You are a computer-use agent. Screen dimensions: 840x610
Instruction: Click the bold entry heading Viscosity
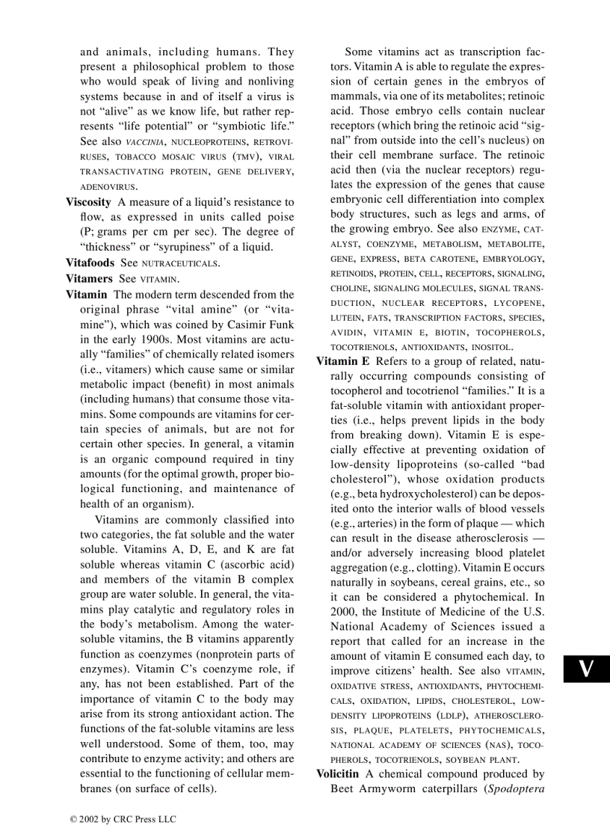88,202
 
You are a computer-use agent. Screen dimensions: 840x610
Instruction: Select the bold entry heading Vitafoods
90,263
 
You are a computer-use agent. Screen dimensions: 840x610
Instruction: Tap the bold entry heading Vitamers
90,278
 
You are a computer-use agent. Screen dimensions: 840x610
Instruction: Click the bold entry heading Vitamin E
343,361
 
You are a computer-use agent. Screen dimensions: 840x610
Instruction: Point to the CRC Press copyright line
123,819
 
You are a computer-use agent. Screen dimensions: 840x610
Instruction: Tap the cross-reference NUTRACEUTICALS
179,263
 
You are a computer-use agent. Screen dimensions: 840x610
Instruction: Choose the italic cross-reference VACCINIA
141,142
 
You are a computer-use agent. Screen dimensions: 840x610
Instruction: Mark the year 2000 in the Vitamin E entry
343,612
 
